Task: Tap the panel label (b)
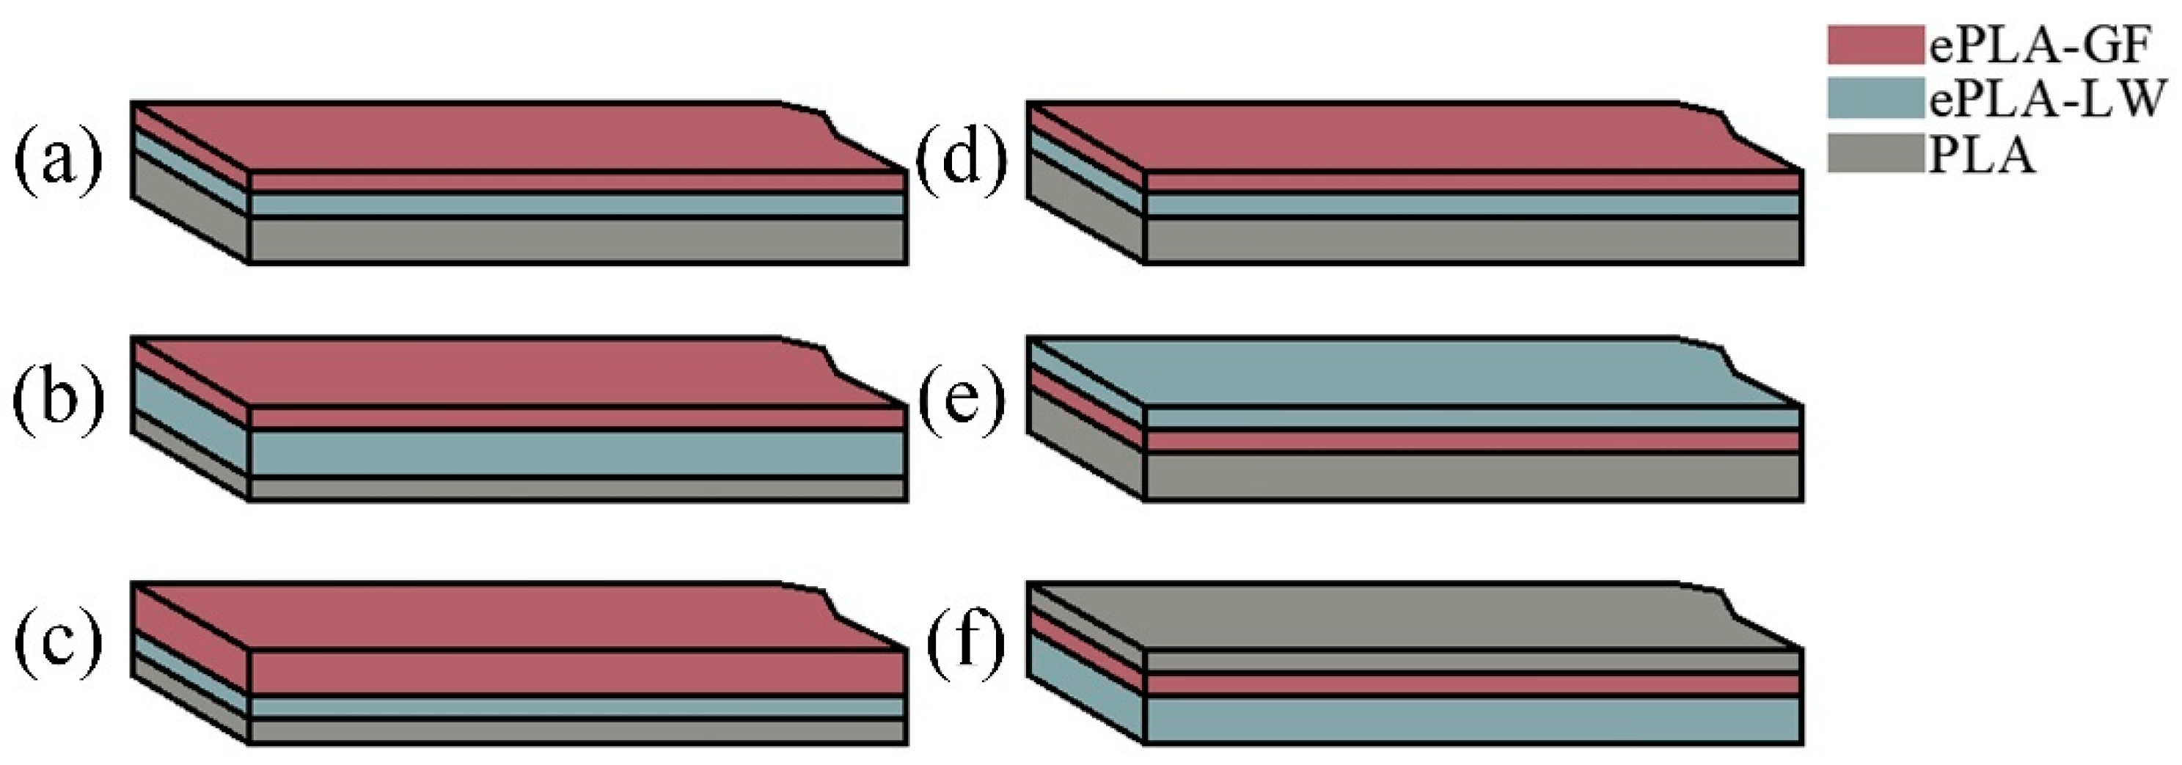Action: click(x=58, y=398)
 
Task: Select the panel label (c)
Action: click(x=58, y=641)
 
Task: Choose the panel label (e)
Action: click(x=962, y=398)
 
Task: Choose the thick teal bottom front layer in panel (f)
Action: click(x=1474, y=720)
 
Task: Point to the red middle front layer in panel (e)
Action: click(x=1474, y=441)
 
